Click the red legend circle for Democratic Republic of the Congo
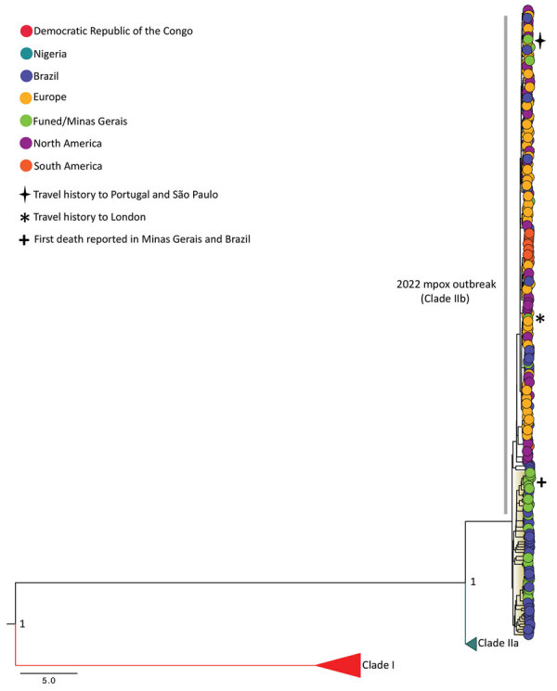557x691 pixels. pos(26,32)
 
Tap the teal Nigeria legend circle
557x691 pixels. pos(26,54)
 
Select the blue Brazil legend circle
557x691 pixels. pos(26,76)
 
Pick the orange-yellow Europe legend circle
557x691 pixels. pos(26,97)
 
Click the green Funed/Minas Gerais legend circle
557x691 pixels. pos(26,121)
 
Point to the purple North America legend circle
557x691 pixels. pos(26,143)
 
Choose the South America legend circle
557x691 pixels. pos(26,166)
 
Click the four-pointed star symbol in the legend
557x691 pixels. pos(25,195)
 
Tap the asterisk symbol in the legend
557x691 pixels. pos(25,218)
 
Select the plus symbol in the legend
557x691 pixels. pos(25,240)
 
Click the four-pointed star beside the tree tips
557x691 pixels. pos(539,41)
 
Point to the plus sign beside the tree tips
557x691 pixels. pos(541,482)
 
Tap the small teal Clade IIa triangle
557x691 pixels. pos(471,644)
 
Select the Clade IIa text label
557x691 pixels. pos(498,644)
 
